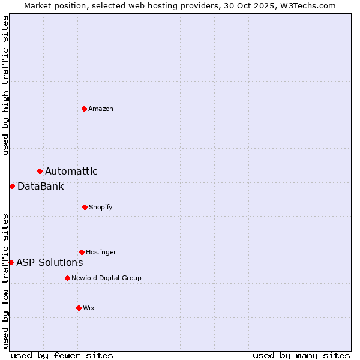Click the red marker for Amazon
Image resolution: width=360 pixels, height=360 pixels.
[x=84, y=109]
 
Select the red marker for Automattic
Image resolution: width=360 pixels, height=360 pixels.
[x=40, y=172]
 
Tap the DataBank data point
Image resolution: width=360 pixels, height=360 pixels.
[x=12, y=186]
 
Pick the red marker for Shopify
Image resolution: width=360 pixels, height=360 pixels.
[x=85, y=207]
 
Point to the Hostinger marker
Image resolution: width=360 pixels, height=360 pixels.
[x=82, y=252]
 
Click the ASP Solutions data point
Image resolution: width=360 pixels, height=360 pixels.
[x=11, y=262]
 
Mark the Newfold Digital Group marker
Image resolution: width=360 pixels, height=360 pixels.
[x=67, y=278]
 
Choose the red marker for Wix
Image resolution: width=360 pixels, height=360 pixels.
[x=79, y=308]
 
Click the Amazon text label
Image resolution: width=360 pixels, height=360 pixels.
[x=101, y=109]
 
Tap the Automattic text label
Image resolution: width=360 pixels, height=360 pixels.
[x=71, y=172]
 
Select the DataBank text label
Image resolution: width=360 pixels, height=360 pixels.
[x=41, y=186]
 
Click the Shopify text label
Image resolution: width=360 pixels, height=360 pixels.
[x=101, y=207]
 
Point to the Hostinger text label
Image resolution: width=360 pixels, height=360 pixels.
[x=101, y=252]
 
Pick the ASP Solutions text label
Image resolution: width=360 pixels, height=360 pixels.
[x=50, y=262]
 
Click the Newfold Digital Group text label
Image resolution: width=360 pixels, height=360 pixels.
[x=107, y=278]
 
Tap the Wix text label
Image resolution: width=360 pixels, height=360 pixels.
[x=89, y=308]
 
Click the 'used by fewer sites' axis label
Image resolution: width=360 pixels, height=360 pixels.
[x=62, y=355]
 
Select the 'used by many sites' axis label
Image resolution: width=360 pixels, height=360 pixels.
[x=301, y=355]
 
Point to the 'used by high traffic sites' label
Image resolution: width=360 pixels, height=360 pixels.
[x=5, y=85]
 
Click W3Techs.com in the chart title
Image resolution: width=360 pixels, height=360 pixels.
[x=306, y=5]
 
